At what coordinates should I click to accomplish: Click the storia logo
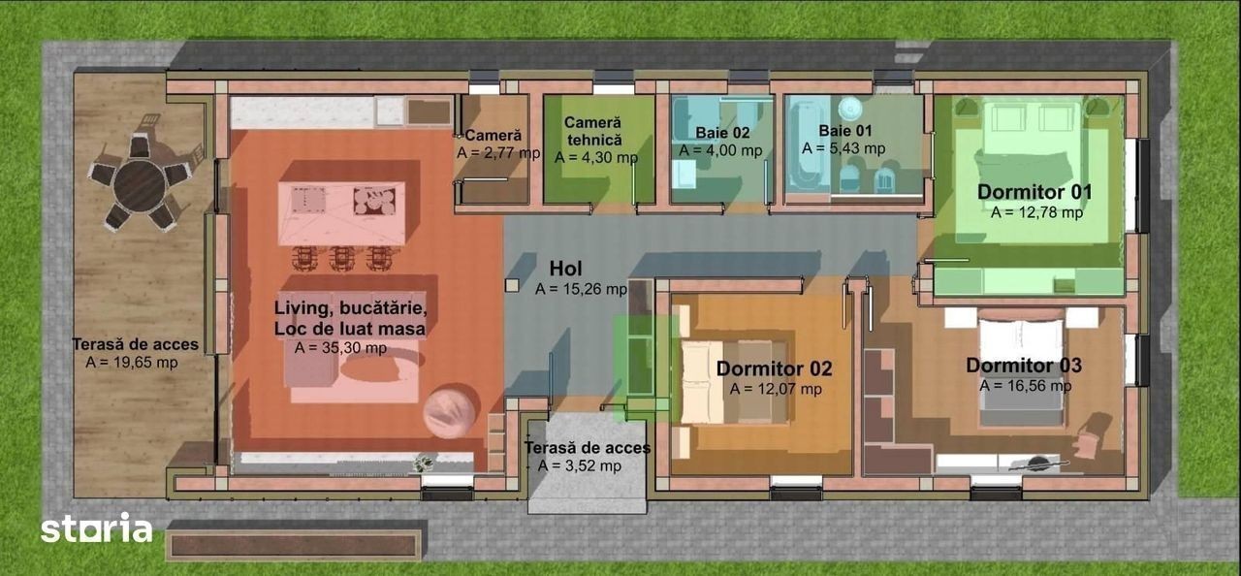tap(96, 528)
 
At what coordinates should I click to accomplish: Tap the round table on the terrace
tap(141, 185)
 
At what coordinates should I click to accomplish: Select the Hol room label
tap(565, 269)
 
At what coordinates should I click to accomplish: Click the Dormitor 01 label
tap(1034, 192)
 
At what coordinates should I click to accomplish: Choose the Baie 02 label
tap(722, 133)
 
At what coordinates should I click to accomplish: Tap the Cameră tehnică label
tap(592, 131)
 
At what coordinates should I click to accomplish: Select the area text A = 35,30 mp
tap(340, 348)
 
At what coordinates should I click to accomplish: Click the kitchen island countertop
tap(341, 212)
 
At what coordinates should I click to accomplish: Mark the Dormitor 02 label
tap(774, 368)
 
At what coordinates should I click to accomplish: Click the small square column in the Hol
tap(512, 286)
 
